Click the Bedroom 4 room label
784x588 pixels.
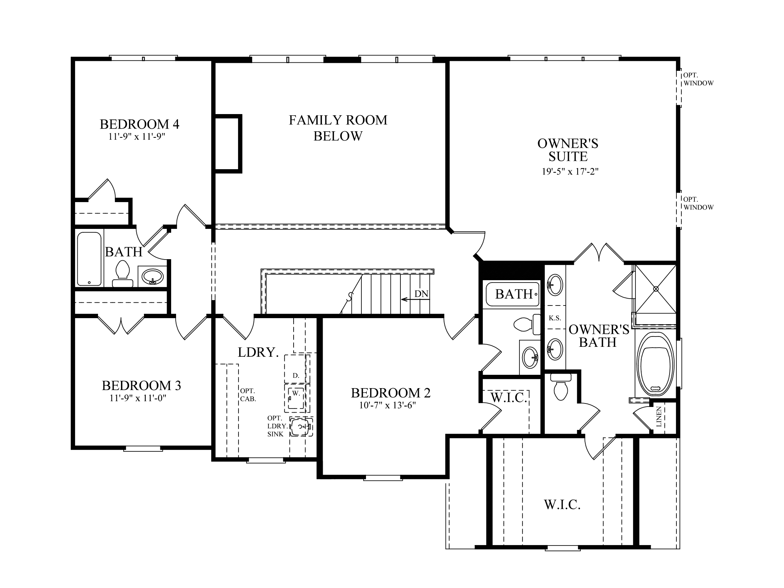click(x=139, y=124)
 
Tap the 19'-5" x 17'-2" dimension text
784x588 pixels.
click(x=570, y=171)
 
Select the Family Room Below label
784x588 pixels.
click(x=338, y=128)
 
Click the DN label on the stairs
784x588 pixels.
click(x=421, y=294)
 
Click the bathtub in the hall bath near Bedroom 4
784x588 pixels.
click(x=89, y=259)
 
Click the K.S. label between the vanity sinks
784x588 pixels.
click(x=555, y=318)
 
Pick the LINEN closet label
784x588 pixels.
click(x=659, y=417)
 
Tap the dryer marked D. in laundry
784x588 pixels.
click(x=296, y=376)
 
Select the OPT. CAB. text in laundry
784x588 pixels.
click(x=248, y=395)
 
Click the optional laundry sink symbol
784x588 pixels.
click(x=301, y=426)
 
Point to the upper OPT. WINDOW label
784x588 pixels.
click(x=698, y=79)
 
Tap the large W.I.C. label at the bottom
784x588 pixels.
click(x=562, y=505)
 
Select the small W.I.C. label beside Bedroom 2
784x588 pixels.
click(x=509, y=398)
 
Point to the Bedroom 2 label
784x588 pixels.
click(x=390, y=393)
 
